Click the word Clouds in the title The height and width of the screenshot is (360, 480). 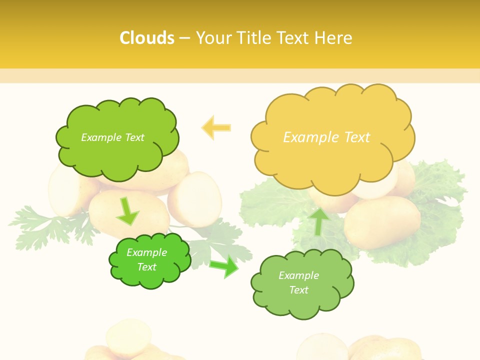tap(147, 38)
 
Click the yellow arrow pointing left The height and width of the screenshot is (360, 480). tap(216, 128)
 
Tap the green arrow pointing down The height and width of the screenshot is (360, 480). tap(127, 211)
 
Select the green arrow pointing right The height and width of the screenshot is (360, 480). tap(224, 266)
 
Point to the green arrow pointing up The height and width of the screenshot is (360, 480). tap(318, 221)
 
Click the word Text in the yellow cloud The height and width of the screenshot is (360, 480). tap(357, 137)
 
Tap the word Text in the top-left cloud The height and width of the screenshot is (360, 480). tap(133, 137)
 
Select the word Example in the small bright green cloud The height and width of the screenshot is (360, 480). tap(146, 252)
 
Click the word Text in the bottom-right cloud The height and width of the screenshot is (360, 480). tap(298, 290)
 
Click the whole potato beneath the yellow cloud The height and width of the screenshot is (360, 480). tap(382, 222)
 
